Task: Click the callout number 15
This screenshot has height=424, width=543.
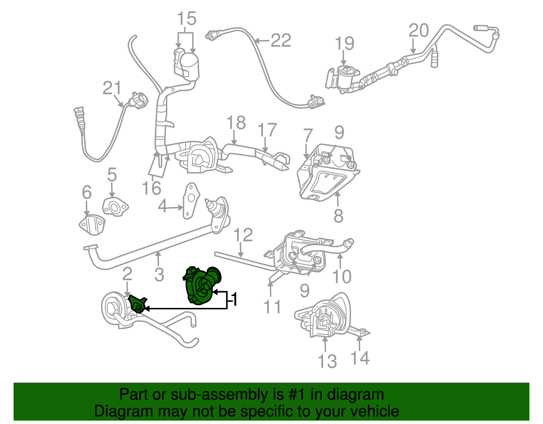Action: (x=187, y=19)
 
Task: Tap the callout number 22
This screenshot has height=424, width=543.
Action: (x=281, y=41)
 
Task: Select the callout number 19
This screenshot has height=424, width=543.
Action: (x=344, y=43)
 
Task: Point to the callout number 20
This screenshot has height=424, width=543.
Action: (x=419, y=31)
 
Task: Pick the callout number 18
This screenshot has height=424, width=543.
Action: (x=236, y=123)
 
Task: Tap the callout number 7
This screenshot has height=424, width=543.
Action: (x=308, y=136)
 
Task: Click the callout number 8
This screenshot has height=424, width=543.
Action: (x=338, y=216)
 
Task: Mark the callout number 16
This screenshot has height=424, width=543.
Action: (x=151, y=188)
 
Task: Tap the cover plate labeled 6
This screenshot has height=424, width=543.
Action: (x=92, y=224)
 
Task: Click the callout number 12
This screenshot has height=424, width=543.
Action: (x=243, y=235)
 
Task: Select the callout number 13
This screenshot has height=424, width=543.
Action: (x=327, y=361)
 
